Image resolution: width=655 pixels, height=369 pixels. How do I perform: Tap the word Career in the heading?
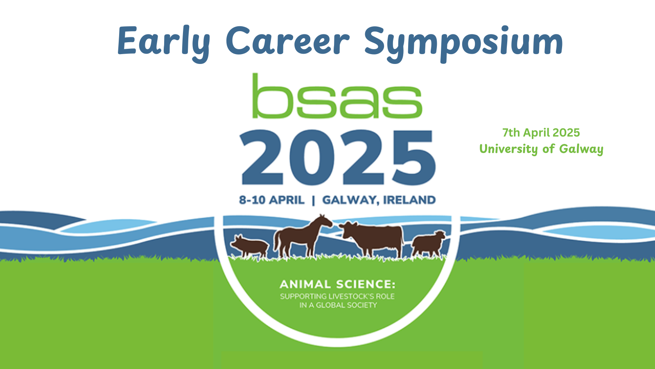point(288,41)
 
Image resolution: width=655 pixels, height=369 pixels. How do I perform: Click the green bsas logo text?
point(337,96)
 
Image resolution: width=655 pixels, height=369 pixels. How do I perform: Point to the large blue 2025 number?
point(338,157)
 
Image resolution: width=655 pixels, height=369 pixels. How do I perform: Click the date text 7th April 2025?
point(541,133)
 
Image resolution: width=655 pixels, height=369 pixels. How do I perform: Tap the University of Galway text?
point(541,149)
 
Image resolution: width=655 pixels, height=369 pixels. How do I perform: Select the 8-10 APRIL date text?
point(272,200)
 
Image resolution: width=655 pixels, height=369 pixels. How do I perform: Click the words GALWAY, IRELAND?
point(379,200)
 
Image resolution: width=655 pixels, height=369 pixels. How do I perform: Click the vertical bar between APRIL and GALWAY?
point(314,200)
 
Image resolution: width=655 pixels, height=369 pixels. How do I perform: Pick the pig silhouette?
point(249,246)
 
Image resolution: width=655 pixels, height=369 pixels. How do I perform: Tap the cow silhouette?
point(371,239)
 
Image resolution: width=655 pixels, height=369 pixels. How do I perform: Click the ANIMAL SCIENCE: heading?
point(337,285)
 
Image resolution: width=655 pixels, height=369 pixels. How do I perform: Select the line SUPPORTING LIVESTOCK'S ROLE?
point(337,296)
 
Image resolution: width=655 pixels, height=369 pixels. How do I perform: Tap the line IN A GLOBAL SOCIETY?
point(338,305)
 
